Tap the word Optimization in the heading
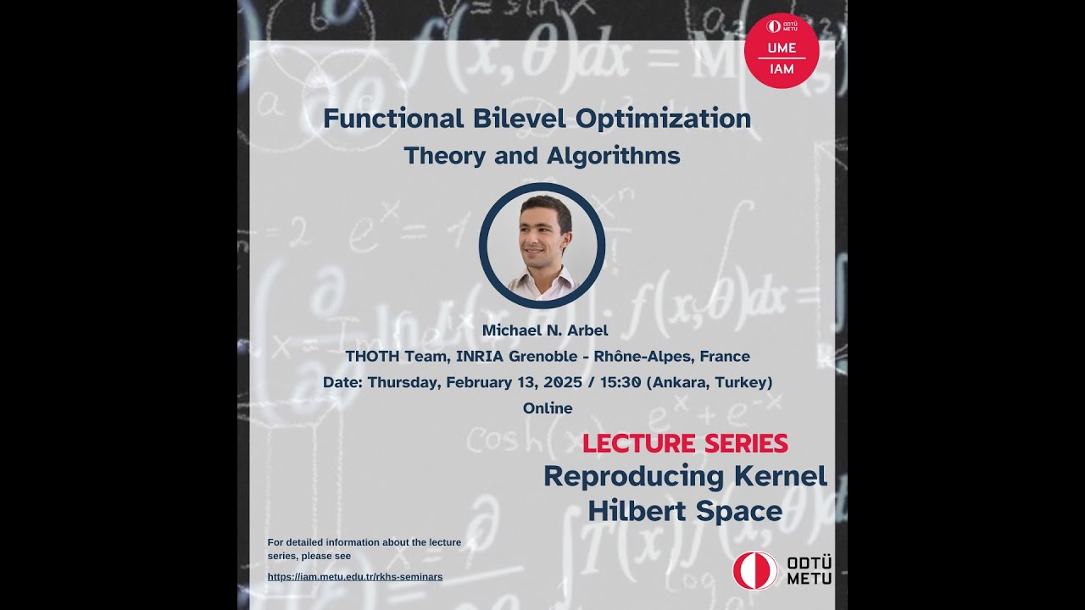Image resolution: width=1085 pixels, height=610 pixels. coord(664,119)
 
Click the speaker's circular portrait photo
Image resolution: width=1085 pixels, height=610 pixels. coord(542,246)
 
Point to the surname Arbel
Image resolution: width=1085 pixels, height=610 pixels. coord(582,330)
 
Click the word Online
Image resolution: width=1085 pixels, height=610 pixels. coord(548,408)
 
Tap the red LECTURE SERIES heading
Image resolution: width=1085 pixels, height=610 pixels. coord(685,443)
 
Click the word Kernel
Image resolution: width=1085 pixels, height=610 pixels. coord(780,476)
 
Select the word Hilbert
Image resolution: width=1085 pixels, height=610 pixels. coord(637,511)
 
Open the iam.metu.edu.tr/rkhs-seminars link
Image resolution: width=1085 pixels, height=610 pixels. coord(355,577)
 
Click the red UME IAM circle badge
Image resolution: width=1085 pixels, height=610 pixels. coord(781,51)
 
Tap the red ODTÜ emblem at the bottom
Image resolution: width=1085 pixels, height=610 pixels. coord(754,570)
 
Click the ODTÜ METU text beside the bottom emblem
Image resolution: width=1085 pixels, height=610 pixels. coord(809,570)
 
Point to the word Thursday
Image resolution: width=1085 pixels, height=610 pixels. coord(403,382)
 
